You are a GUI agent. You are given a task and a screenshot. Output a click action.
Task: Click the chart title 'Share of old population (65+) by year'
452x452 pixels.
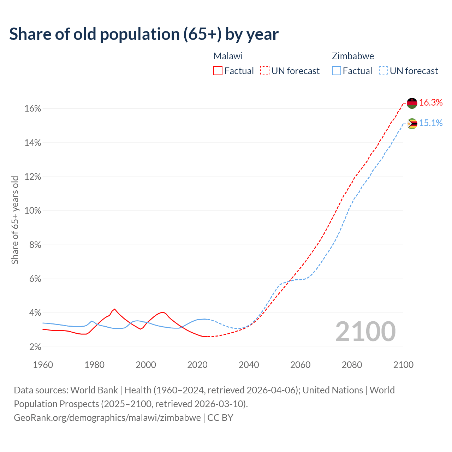(x=144, y=34)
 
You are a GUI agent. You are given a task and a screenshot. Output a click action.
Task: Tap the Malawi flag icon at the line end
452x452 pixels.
(x=412, y=103)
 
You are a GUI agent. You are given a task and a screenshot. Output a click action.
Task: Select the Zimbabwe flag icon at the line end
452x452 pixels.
(x=412, y=124)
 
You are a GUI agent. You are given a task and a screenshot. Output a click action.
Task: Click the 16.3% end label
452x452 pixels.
(x=431, y=103)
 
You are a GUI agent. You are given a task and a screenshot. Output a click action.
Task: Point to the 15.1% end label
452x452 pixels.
(x=431, y=123)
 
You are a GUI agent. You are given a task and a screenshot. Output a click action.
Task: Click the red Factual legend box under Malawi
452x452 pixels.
(x=218, y=71)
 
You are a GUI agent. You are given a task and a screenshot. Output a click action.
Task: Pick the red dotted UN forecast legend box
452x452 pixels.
(x=265, y=71)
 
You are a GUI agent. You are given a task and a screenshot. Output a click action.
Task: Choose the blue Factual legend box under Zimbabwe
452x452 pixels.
(x=336, y=71)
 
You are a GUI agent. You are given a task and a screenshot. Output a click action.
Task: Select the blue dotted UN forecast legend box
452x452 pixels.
(x=383, y=71)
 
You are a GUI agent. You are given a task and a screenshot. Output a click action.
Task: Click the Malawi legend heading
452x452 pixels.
(x=228, y=56)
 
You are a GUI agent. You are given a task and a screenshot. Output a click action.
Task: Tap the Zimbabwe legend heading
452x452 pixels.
(x=353, y=56)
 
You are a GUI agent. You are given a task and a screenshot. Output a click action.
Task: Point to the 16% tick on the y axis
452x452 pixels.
(x=33, y=109)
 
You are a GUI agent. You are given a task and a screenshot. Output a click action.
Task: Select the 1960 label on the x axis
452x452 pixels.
(x=43, y=365)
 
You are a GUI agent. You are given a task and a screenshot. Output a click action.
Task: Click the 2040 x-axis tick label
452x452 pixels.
(x=249, y=365)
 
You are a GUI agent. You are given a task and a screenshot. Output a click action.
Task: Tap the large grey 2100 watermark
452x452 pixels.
(x=365, y=332)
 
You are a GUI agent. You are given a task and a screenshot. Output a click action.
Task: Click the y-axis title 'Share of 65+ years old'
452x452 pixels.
(x=15, y=220)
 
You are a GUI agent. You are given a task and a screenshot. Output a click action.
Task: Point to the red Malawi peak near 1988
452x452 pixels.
(x=114, y=309)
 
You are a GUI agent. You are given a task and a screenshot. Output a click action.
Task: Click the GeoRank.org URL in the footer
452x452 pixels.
(x=107, y=418)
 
